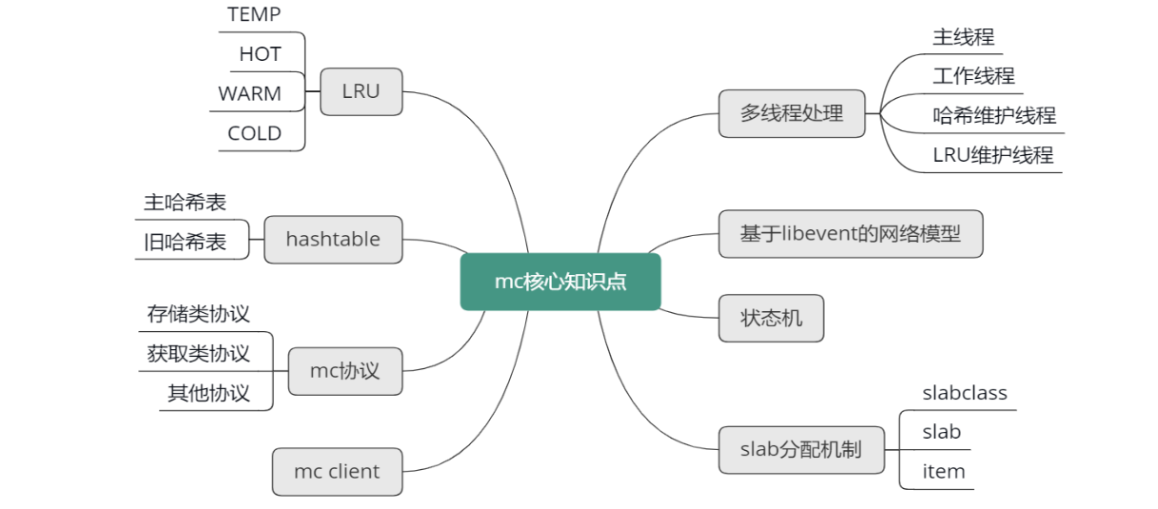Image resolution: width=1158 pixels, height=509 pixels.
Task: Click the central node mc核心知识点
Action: (560, 282)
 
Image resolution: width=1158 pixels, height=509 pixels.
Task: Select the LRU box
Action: (361, 91)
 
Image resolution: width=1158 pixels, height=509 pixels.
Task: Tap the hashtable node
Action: (332, 239)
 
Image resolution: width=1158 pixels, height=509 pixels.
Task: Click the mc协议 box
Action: (344, 370)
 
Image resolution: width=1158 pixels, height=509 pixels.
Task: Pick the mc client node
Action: (337, 471)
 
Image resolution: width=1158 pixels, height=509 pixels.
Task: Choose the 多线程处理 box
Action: (792, 113)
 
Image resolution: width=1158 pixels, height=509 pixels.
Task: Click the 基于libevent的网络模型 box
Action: (850, 233)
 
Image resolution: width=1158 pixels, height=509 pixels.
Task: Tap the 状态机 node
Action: (771, 318)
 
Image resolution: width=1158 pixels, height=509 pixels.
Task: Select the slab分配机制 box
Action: (800, 449)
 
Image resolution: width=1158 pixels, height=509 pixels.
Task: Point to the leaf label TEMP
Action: (254, 14)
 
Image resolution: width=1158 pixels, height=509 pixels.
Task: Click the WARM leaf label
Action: (249, 94)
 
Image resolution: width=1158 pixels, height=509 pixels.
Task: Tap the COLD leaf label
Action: (254, 133)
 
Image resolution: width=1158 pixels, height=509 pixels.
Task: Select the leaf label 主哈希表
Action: (186, 202)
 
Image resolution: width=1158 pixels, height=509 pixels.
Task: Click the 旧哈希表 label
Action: (186, 242)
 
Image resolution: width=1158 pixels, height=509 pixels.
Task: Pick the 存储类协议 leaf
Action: (199, 314)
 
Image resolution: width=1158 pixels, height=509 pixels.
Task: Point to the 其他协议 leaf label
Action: (208, 393)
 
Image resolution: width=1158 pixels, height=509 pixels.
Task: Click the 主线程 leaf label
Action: (963, 37)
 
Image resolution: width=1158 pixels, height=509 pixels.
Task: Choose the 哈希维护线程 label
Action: (994, 116)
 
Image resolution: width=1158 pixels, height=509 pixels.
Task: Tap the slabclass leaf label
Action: (964, 393)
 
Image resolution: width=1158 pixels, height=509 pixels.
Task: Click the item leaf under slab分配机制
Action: (943, 471)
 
